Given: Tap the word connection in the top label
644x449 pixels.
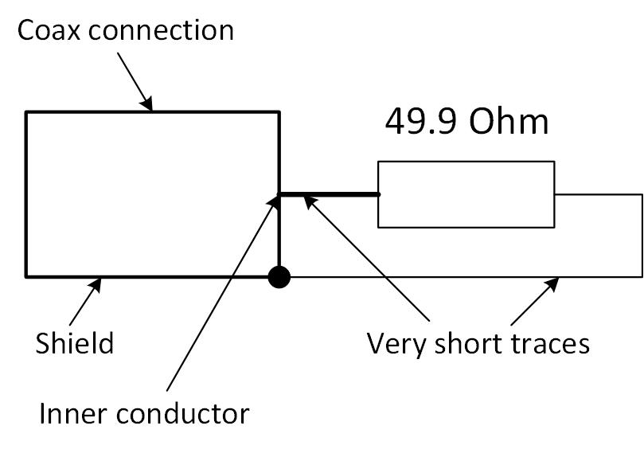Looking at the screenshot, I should pos(158,30).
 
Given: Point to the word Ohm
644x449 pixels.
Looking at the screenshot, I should pos(509,122).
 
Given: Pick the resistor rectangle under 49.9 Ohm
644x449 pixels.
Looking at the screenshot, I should pos(466,194).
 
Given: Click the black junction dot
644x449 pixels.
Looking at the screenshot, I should pos(279,277).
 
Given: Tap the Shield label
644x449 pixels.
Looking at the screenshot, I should pos(75,344).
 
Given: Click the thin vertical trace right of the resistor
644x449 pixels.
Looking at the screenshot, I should pos(642,236).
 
